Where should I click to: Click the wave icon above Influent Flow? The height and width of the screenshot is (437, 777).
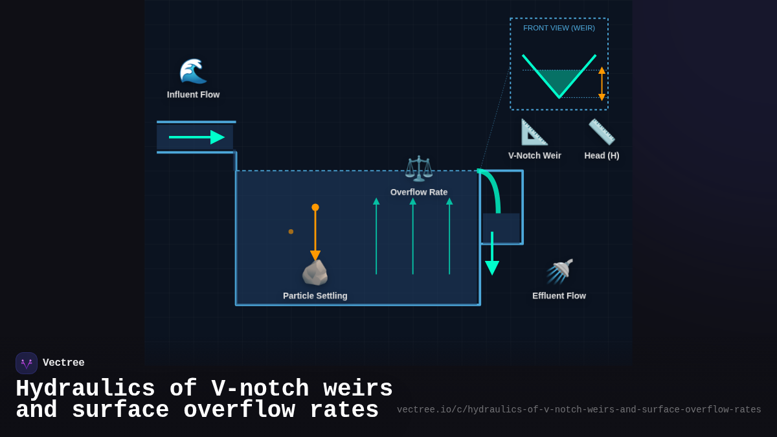tap(193, 71)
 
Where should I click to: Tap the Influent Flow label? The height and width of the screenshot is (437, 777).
tap(193, 95)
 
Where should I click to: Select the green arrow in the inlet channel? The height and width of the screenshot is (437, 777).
tap(196, 137)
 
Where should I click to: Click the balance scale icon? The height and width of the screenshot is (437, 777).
tap(418, 168)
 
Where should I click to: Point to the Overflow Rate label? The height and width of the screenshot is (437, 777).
tap(418, 192)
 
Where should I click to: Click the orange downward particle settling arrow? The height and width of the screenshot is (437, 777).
tap(315, 233)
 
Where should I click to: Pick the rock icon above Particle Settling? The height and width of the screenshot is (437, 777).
tap(315, 273)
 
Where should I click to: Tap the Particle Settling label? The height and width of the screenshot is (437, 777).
tap(315, 296)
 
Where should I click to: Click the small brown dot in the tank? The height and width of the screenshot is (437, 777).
tap(291, 231)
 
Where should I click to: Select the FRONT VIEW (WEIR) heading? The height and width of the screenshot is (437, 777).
tap(559, 28)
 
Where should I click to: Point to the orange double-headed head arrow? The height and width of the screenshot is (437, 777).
tap(602, 84)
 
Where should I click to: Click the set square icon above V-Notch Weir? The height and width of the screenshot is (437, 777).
tap(534, 132)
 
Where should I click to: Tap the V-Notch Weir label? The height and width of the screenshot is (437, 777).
tap(534, 155)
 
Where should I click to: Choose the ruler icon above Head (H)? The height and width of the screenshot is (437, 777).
tap(602, 132)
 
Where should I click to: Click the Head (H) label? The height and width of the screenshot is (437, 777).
tap(602, 155)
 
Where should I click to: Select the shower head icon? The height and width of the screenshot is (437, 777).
tap(559, 271)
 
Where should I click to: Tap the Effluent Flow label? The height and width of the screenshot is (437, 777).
tap(559, 296)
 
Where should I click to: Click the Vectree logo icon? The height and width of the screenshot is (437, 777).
tap(27, 363)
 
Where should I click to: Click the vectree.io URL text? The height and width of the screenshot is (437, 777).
tap(579, 410)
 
